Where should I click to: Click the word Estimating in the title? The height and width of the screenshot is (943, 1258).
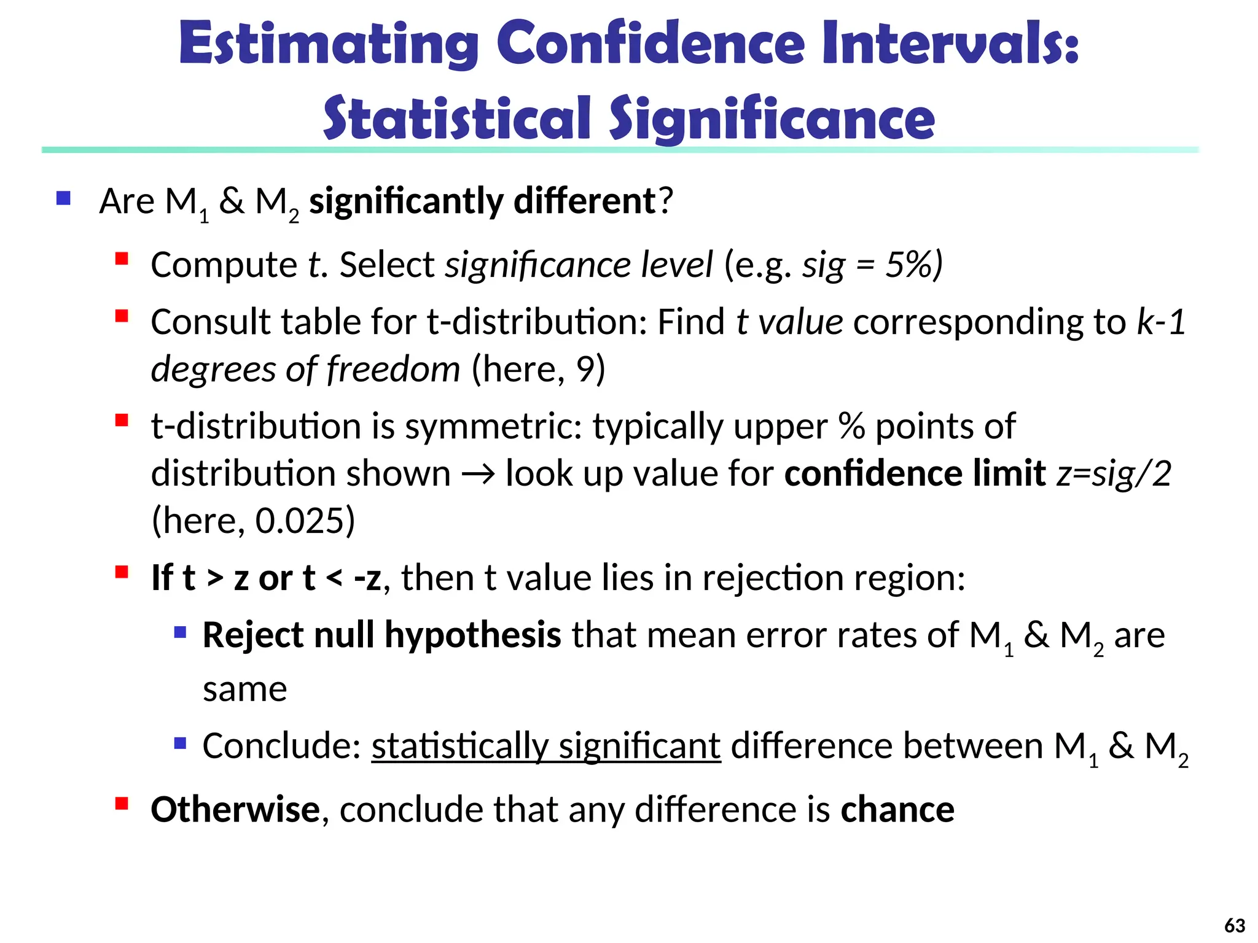tap(329, 45)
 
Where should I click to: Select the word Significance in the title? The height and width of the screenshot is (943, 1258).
tap(772, 118)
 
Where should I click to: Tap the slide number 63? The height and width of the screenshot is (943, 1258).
tap(1234, 925)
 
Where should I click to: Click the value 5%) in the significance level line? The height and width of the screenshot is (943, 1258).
tap(913, 265)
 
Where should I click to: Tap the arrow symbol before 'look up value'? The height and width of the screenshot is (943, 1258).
tap(478, 474)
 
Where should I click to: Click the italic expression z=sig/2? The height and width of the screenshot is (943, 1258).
tap(1113, 473)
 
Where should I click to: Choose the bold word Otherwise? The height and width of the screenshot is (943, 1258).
tap(235, 809)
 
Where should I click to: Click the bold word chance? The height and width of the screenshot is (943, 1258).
tap(897, 809)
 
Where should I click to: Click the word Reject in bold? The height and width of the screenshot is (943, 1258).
tap(252, 635)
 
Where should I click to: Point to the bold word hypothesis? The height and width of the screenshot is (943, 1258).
tap(472, 635)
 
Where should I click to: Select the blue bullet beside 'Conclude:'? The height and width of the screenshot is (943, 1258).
tap(180, 743)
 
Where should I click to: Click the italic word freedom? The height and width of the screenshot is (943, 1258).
tap(393, 369)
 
